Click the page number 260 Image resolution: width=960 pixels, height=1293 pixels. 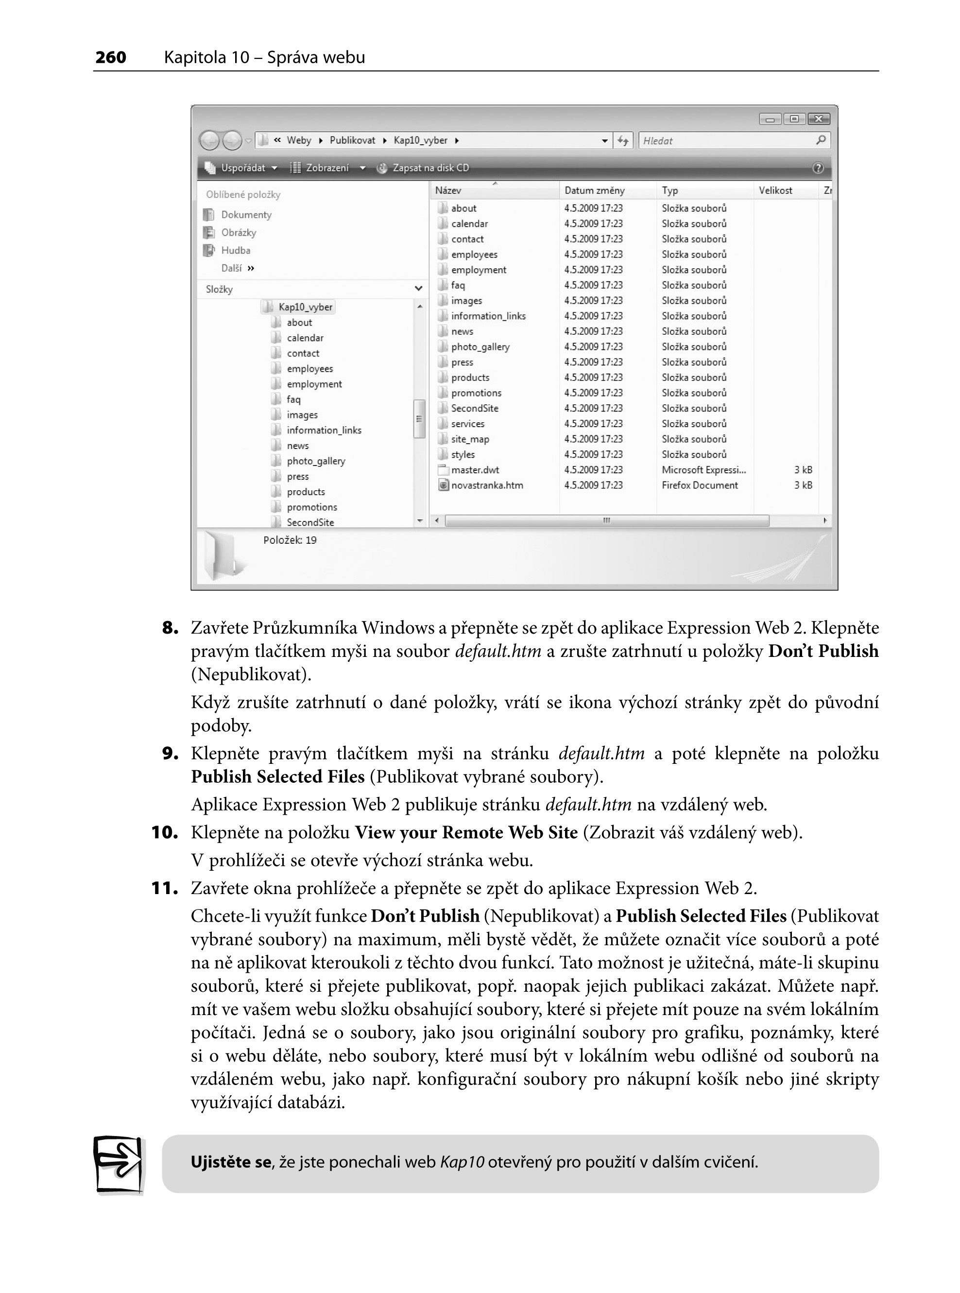110,57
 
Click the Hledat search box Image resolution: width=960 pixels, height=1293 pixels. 726,140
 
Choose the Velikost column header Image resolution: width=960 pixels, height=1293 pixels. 775,190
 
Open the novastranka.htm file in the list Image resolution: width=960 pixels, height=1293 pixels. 487,485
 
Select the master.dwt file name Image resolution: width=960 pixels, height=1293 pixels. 475,470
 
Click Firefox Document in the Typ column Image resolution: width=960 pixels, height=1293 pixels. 700,485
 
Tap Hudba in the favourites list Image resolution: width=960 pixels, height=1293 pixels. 235,250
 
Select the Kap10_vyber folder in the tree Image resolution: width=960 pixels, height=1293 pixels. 305,307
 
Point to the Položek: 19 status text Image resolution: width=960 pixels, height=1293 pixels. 290,540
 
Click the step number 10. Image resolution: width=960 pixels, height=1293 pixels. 165,833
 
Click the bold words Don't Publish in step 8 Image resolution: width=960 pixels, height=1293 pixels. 823,652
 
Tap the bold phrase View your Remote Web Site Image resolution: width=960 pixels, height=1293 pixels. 466,833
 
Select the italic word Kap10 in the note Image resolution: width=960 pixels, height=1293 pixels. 462,1162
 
